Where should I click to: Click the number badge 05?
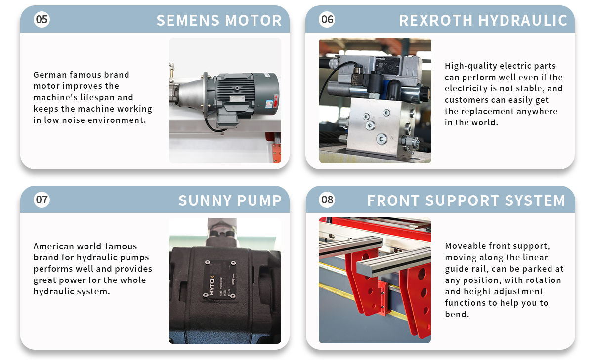click(42, 19)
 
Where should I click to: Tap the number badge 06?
click(327, 19)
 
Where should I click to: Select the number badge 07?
click(42, 200)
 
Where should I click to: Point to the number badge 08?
click(327, 200)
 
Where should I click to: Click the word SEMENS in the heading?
click(188, 20)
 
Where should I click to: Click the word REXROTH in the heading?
click(436, 20)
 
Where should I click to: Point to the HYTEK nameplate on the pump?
click(219, 279)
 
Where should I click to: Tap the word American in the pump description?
click(52, 246)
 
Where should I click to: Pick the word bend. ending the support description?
click(457, 314)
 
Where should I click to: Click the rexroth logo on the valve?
click(381, 58)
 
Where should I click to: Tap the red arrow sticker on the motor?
click(276, 101)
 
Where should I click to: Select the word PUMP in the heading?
click(259, 200)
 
